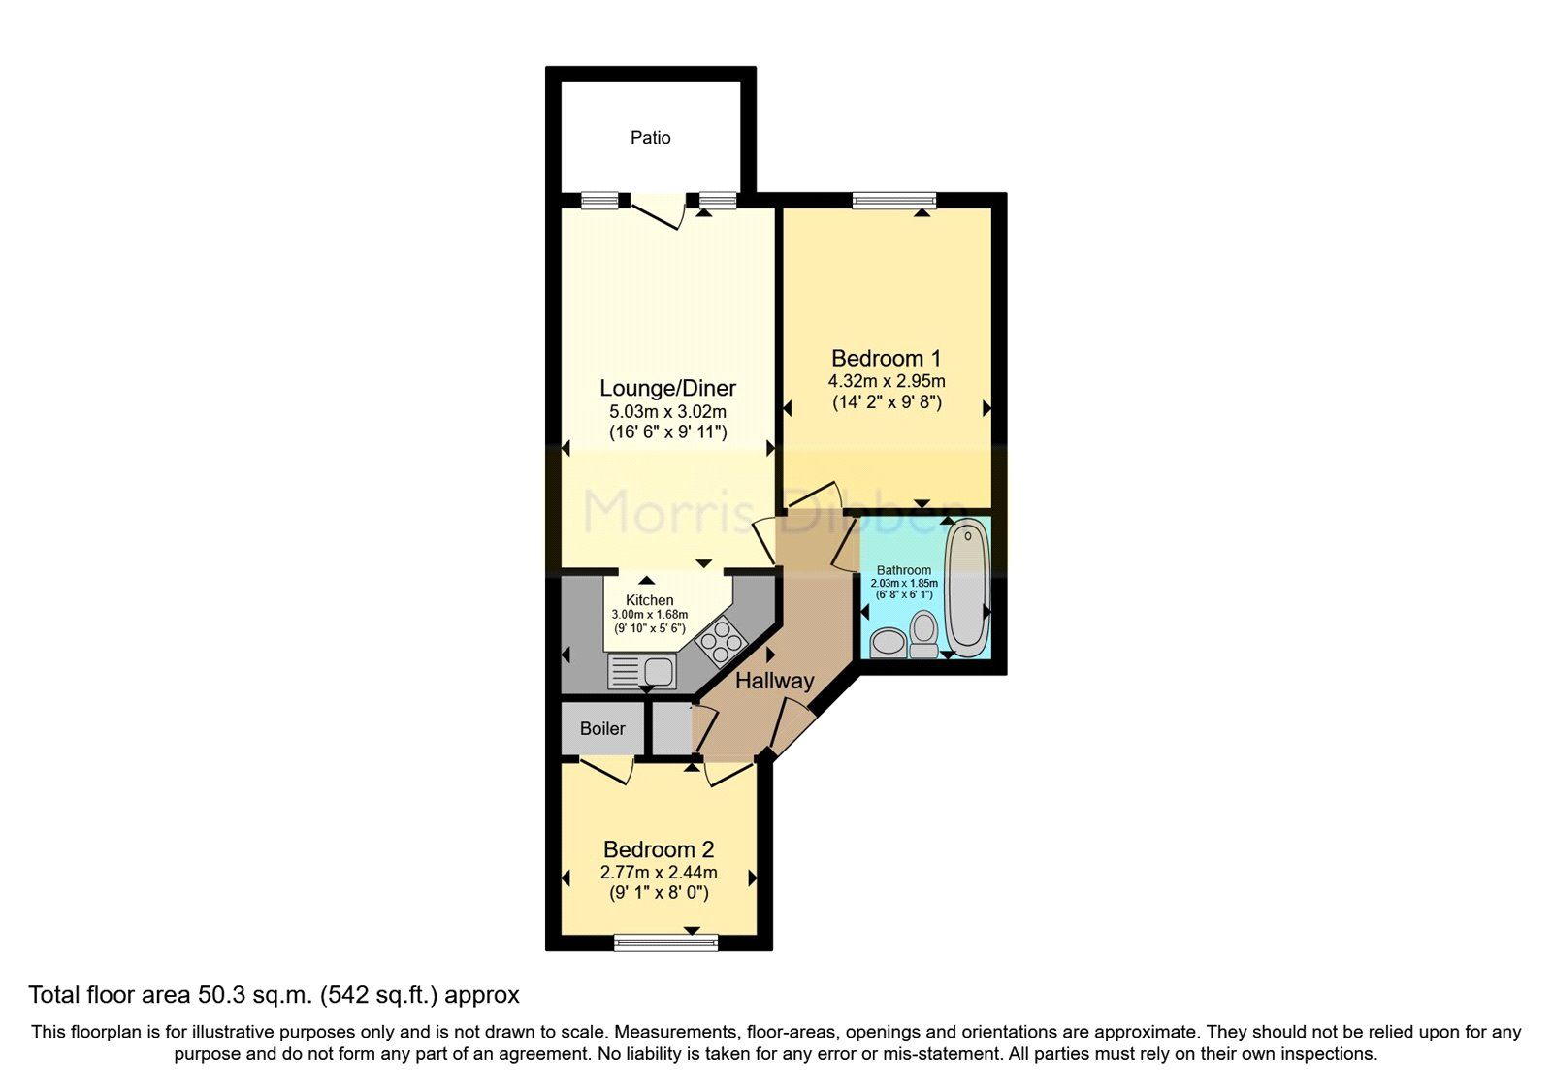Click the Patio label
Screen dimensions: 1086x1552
(650, 138)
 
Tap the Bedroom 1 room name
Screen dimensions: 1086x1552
(886, 359)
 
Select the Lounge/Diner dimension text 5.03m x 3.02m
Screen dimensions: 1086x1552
(667, 411)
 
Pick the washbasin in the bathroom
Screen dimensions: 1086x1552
(888, 643)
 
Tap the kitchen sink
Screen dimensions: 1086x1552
(641, 670)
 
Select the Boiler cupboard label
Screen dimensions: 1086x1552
(602, 729)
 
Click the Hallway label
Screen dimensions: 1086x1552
(773, 681)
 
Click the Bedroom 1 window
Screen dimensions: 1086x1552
(893, 201)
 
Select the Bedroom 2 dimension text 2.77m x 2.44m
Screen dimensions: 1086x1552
(659, 873)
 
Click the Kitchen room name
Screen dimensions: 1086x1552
(649, 600)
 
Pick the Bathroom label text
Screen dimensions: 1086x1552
(903, 570)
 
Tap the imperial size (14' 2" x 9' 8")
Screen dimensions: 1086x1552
(887, 401)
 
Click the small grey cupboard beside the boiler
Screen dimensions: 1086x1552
(669, 729)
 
